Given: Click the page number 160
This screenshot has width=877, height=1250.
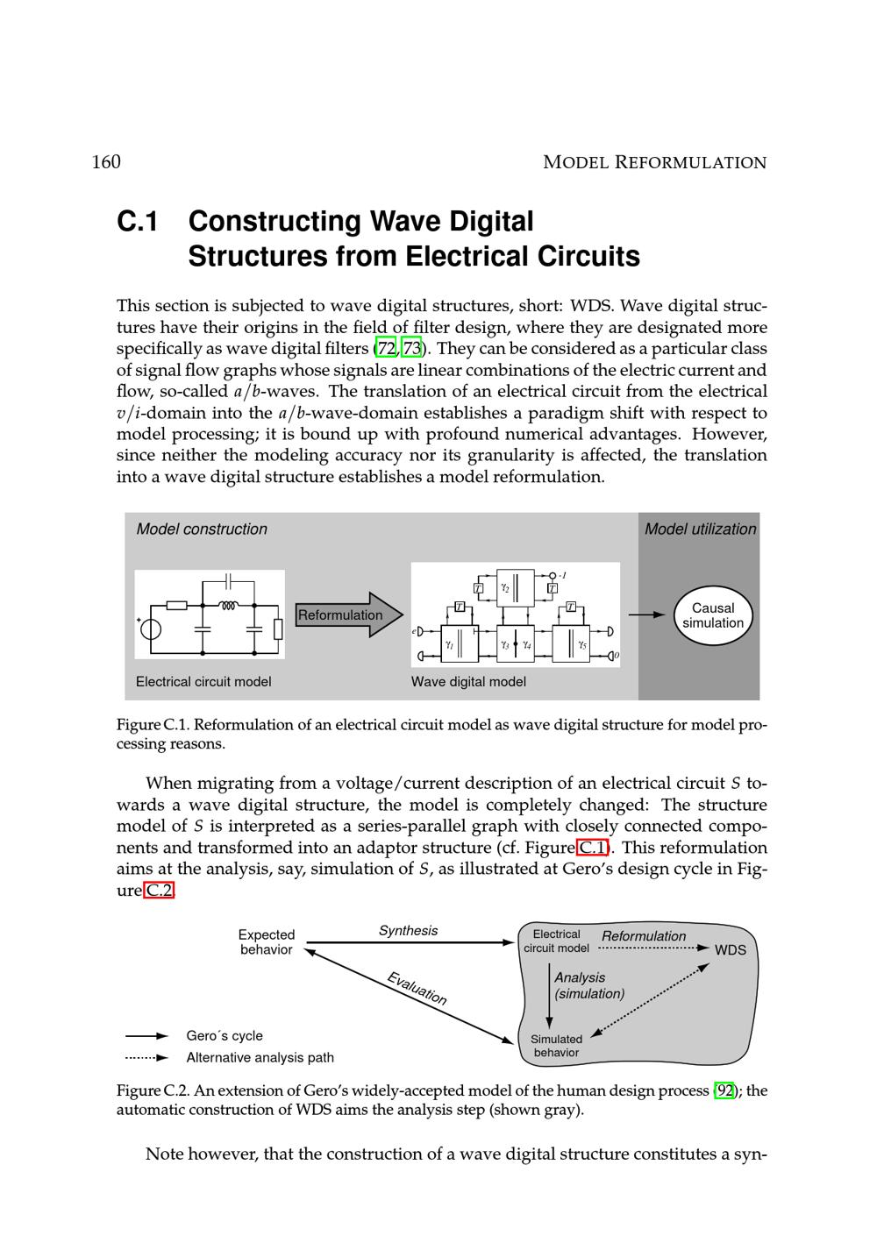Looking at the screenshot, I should (x=106, y=162).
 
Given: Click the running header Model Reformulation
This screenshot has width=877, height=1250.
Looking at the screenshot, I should (x=654, y=162).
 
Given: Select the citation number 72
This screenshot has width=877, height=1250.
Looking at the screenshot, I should (x=386, y=349).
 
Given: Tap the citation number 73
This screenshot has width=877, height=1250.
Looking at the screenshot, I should (x=411, y=349).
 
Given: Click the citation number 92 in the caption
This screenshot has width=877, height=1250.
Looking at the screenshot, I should (x=724, y=1090).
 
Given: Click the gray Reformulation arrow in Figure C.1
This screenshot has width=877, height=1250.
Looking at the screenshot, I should (x=347, y=614).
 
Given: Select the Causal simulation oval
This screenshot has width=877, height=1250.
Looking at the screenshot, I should (x=712, y=615).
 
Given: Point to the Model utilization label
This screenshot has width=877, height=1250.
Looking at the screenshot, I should (x=700, y=529).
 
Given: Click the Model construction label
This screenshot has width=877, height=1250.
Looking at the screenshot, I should (x=202, y=529).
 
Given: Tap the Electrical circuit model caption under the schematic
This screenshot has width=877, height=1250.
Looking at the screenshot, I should (x=203, y=682).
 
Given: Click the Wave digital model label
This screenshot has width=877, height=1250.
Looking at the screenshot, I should (x=468, y=682).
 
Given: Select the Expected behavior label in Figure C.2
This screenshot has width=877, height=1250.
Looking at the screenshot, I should (x=267, y=942).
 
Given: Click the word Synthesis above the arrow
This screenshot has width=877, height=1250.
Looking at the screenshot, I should (x=408, y=931).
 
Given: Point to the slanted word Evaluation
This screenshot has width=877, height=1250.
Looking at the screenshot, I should (x=417, y=988).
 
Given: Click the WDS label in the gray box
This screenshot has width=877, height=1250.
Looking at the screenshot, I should (x=730, y=950).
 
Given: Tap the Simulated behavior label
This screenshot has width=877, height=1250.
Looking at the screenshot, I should (x=556, y=1046).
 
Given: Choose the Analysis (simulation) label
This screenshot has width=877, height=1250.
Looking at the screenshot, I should (x=588, y=985).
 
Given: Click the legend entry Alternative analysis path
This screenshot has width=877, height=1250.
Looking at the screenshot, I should (x=260, y=1058).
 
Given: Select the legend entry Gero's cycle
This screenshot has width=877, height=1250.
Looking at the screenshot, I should (x=225, y=1036).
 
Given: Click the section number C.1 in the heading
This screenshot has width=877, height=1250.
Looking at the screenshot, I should (x=138, y=223).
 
